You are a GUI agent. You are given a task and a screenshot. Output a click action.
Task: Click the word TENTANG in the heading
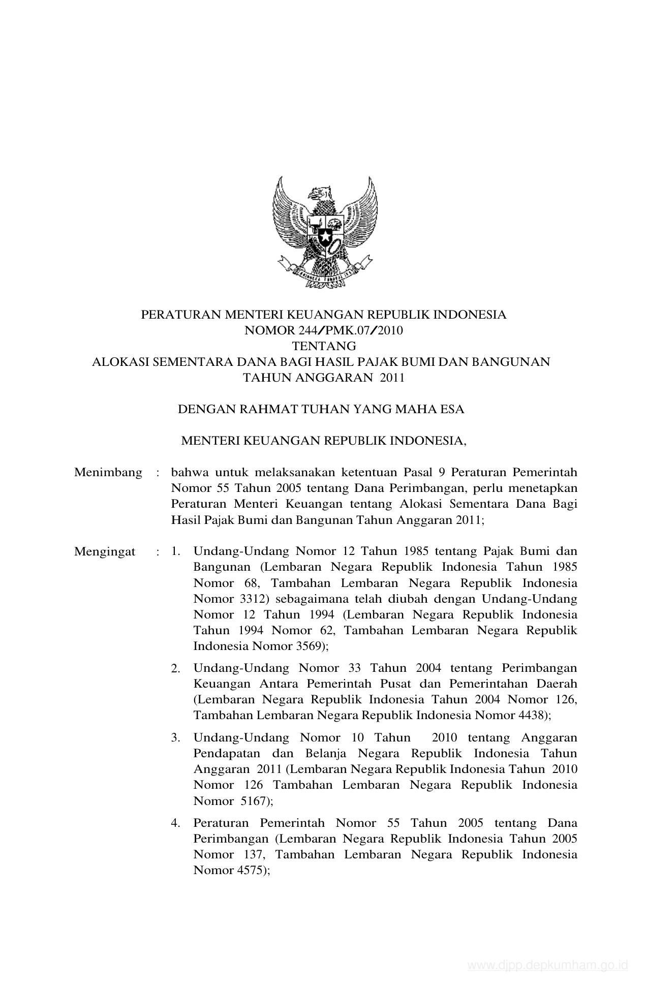(324, 347)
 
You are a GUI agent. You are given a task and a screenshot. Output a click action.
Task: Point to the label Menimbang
(108, 473)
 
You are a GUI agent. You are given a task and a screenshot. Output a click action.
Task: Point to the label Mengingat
(105, 551)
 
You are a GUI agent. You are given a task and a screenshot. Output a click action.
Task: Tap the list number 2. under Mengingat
(176, 669)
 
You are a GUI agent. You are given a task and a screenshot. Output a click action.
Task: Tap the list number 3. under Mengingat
(176, 738)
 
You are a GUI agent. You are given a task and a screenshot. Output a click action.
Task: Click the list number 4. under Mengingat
(176, 823)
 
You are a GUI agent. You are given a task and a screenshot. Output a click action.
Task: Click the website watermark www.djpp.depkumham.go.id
(548, 965)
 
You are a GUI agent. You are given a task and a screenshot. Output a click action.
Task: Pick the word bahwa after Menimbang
(186, 473)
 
